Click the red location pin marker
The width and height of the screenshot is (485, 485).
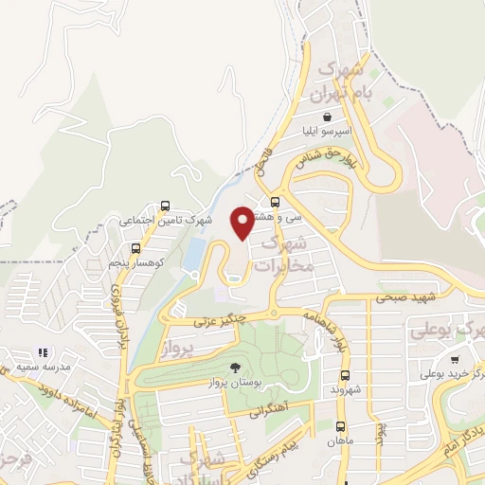[242, 222]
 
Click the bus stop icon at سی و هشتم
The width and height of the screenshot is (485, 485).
[276, 202]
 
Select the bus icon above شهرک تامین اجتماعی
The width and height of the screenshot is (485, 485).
[166, 206]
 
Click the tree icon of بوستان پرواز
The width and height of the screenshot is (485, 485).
[234, 368]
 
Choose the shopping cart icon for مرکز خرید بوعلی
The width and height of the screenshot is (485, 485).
[456, 359]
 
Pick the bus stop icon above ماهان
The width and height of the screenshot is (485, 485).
[339, 427]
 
